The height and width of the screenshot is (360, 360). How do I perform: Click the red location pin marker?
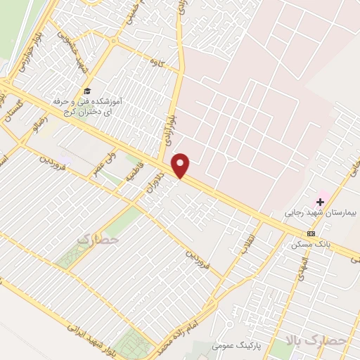coord(181,165)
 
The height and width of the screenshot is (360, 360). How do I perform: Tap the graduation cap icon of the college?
coord(86,91)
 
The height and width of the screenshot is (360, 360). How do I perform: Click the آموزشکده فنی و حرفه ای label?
coord(87,106)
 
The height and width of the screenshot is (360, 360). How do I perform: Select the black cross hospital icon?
coord(320,202)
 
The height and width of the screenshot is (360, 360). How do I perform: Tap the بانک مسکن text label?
coord(307,245)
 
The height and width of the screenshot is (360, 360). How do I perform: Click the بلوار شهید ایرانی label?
coord(91,337)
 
